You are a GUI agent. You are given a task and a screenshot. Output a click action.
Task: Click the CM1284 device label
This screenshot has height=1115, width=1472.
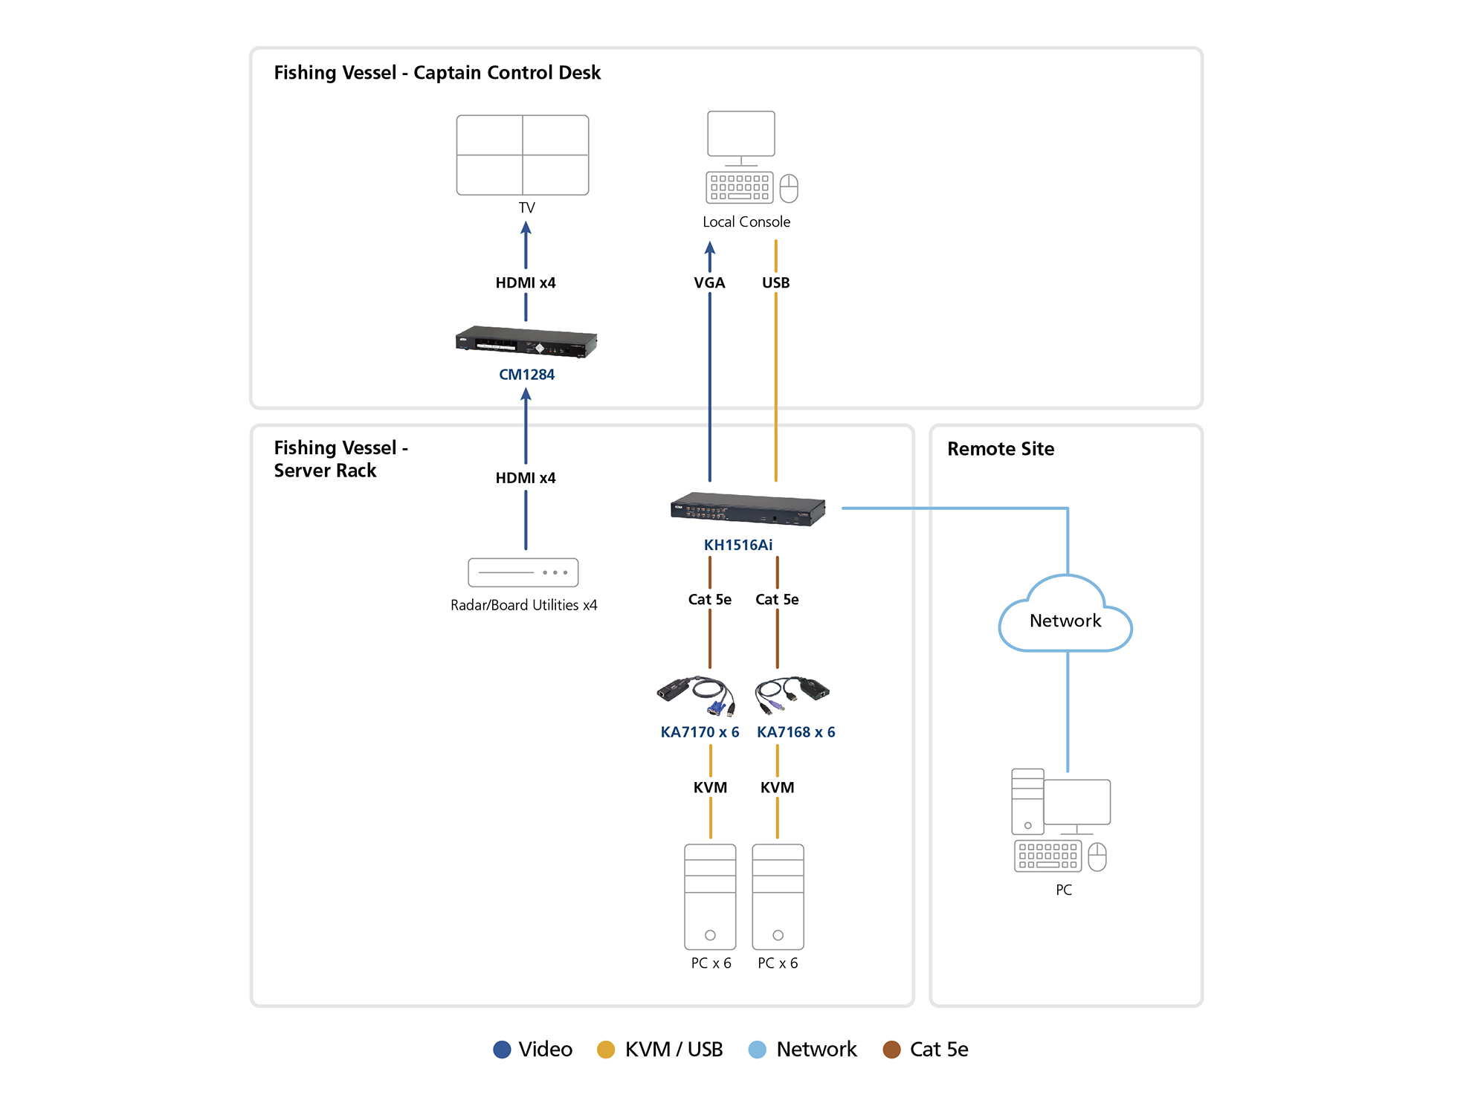(526, 375)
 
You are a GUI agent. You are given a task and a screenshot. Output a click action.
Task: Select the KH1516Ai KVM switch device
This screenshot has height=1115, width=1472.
(747, 509)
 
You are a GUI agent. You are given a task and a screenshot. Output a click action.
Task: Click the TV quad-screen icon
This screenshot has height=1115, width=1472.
(523, 155)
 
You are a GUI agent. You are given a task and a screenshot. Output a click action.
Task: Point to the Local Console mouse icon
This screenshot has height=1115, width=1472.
(789, 188)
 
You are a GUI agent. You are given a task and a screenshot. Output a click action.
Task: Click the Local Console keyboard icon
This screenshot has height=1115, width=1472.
(739, 187)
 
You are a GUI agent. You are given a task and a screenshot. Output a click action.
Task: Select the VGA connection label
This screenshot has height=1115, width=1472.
(709, 282)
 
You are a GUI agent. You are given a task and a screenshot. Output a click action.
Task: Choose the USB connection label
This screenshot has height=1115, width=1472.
(775, 282)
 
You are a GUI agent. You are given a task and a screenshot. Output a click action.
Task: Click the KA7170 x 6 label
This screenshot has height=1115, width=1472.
(700, 732)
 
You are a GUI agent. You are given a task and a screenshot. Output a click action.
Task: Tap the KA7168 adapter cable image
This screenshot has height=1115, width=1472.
(793, 694)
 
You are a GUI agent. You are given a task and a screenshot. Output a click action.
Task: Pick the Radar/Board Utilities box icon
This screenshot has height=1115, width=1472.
(523, 572)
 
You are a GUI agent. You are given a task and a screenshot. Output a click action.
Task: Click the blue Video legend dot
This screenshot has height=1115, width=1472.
(502, 1049)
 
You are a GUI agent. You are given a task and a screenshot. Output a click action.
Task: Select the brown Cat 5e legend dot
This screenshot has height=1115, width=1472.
(891, 1049)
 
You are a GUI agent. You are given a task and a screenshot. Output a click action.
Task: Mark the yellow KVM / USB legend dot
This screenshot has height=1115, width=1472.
(606, 1049)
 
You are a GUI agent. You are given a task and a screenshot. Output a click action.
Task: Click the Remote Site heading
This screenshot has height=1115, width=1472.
(1000, 449)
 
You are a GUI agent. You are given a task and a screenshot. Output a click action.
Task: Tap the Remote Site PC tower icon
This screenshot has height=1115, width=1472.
(1027, 801)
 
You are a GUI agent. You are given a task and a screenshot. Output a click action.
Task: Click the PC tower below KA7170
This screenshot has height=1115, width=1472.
(710, 896)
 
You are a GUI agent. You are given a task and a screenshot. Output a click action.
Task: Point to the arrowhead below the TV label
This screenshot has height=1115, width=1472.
(526, 229)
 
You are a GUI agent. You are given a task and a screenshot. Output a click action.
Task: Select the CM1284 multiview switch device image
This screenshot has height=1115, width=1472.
(526, 342)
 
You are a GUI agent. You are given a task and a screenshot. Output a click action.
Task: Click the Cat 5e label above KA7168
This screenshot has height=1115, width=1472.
(777, 599)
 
